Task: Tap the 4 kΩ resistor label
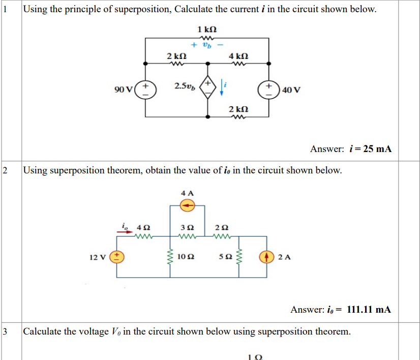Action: pos(238,55)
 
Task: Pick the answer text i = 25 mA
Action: pos(371,149)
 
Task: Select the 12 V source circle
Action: pos(117,257)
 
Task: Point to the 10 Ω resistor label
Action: pos(186,257)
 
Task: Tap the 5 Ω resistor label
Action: pos(225,257)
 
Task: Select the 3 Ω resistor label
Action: pos(188,227)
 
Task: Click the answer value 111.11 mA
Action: pos(368,309)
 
